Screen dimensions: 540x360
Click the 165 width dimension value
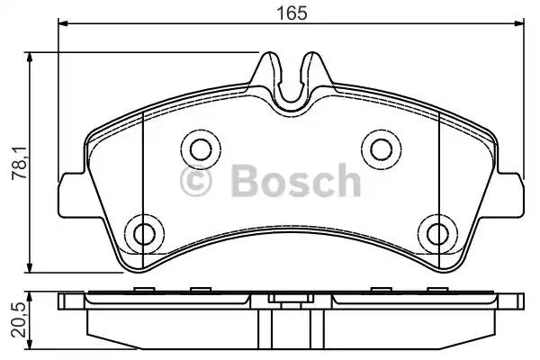point(292,13)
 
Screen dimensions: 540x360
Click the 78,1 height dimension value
point(20,163)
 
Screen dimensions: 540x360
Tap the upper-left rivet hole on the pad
point(201,149)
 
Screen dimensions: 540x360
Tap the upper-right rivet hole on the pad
point(382,149)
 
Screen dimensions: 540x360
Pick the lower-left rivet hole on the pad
point(145,234)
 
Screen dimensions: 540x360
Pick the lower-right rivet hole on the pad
point(437,234)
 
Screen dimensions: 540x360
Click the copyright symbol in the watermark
point(196,181)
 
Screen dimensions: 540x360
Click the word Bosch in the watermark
point(296,180)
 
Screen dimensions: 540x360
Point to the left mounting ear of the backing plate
point(72,195)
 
